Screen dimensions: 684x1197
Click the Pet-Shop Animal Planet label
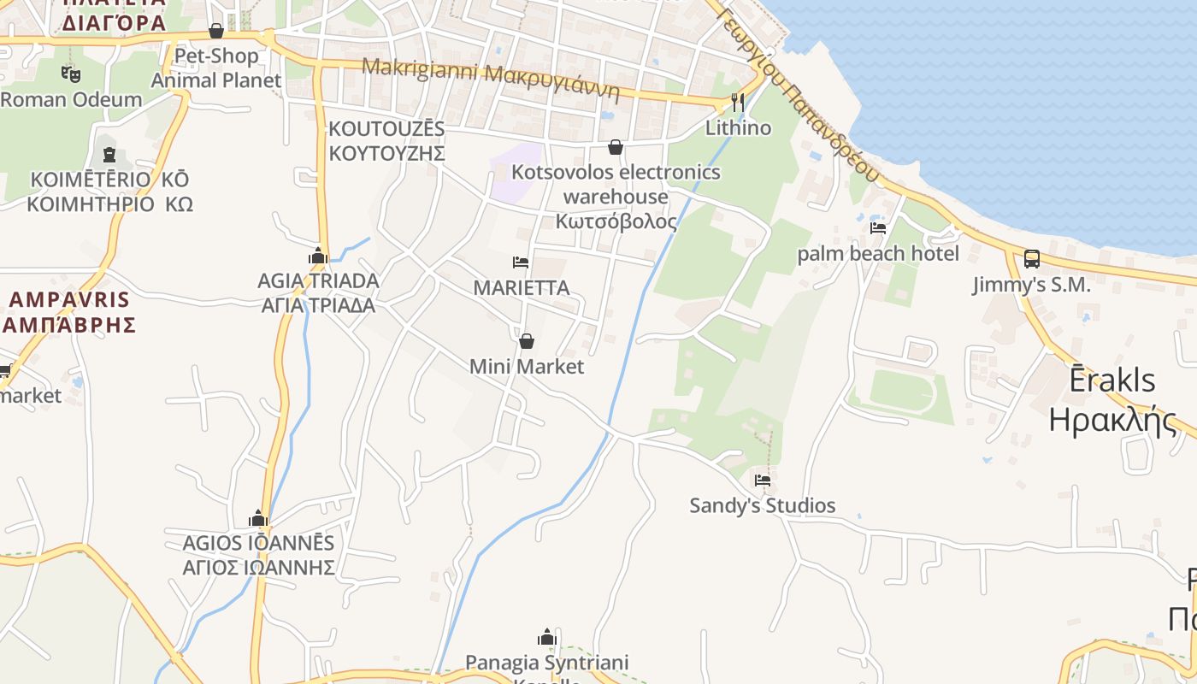216,68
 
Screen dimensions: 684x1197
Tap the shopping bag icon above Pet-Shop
216,32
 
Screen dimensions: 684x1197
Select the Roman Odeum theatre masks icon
70,74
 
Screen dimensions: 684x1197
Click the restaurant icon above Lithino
737,103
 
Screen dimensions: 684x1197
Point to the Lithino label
738,128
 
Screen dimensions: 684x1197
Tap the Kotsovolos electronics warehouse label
616,197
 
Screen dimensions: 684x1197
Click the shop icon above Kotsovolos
615,147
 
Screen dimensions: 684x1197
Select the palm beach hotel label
878,254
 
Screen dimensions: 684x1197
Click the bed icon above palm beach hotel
878,228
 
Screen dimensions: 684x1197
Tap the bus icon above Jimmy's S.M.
1032,259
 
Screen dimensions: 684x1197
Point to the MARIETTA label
521,288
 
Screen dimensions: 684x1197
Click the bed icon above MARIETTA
521,262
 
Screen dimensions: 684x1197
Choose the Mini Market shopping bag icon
527,341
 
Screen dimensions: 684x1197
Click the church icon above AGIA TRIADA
318,256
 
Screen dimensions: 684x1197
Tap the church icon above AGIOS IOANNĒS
258,518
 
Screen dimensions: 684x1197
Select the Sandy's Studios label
763,505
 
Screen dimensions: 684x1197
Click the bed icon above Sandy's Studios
763,480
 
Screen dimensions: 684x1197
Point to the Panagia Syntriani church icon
547,637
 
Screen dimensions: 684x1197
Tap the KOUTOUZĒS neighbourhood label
386,141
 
